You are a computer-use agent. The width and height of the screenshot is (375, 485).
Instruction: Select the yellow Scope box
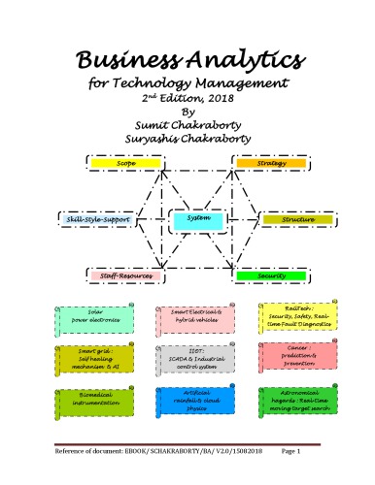tap(125, 162)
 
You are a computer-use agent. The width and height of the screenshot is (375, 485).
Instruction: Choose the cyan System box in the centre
tap(197, 221)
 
